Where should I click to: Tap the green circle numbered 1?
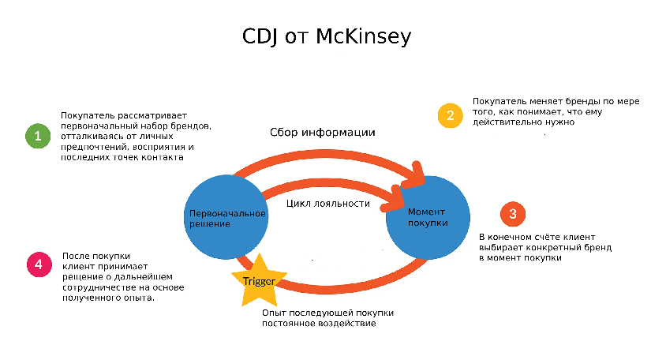tap(36, 136)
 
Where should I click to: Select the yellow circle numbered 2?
tap(450, 115)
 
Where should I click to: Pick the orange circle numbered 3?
tap(513, 213)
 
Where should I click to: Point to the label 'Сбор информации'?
tap(322, 133)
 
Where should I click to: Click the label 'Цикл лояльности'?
tap(327, 203)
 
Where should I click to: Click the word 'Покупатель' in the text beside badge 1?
tap(84, 116)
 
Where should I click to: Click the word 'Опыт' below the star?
tap(273, 313)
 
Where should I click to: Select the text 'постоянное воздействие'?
tap(319, 324)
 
